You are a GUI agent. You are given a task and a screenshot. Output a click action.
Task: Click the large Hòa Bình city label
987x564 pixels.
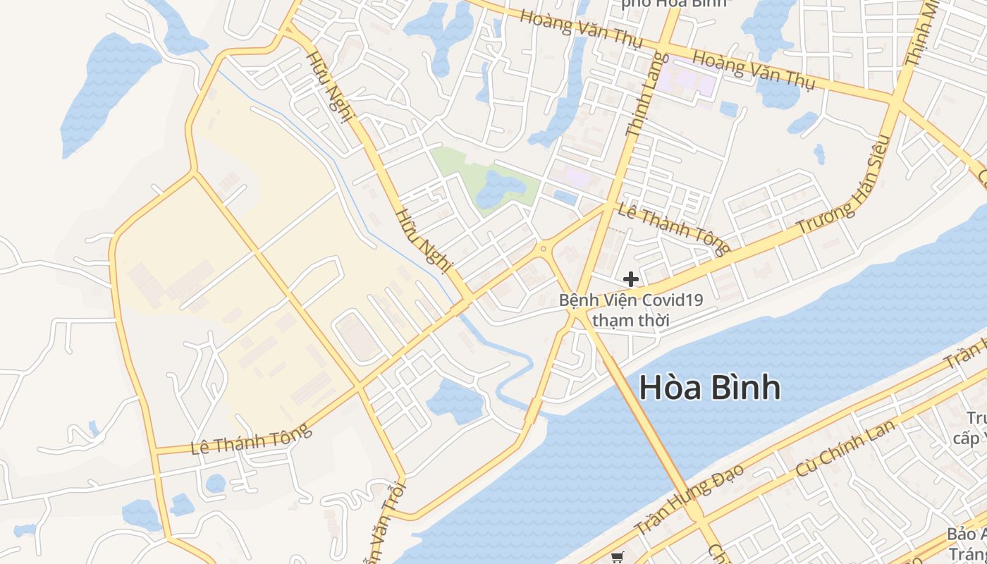pos(709,388)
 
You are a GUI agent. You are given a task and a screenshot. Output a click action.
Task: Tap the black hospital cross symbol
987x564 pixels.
pos(631,279)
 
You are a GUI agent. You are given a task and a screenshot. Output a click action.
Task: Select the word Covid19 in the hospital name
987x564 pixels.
pos(673,300)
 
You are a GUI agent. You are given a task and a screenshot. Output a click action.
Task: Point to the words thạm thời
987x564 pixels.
pos(630,320)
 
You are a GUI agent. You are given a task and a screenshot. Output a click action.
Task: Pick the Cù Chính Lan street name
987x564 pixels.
pos(845,448)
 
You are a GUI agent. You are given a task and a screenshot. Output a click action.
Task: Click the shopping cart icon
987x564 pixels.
pos(618,558)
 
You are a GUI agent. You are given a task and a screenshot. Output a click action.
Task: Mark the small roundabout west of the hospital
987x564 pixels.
pos(543,248)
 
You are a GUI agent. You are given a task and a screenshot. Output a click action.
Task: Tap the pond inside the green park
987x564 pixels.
pos(499,189)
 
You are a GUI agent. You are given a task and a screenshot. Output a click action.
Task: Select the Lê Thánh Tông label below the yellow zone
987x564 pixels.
pos(252,439)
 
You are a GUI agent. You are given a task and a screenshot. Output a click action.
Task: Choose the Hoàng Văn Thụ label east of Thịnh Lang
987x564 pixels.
pos(753,70)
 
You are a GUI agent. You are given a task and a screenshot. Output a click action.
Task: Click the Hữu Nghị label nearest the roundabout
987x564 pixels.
pos(423,240)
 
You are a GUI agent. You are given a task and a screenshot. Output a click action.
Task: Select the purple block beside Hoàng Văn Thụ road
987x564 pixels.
pos(694,80)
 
